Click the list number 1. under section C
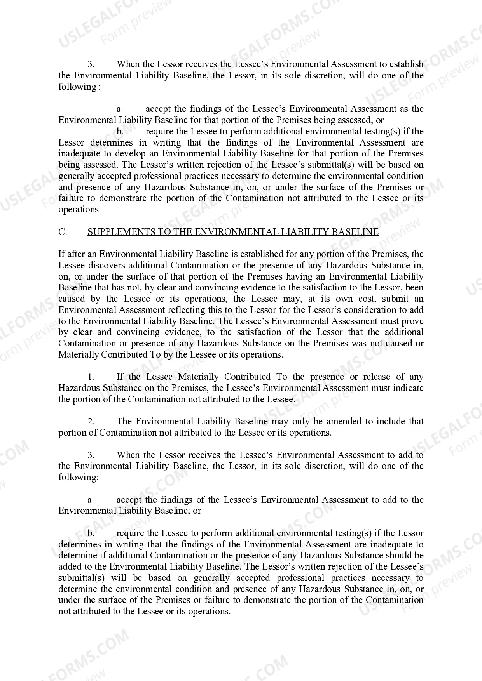91,377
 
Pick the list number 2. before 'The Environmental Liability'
91,422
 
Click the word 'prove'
412,321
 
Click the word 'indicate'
408,388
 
